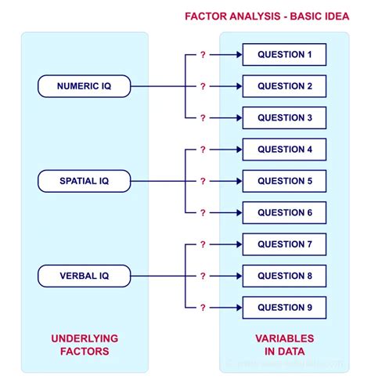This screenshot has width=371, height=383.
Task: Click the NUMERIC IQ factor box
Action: click(84, 86)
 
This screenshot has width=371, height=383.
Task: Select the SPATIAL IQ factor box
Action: click(84, 181)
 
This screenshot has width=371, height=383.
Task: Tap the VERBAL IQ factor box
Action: click(84, 276)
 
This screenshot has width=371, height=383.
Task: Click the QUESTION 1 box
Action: click(284, 55)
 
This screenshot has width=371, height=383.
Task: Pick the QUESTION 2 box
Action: click(284, 86)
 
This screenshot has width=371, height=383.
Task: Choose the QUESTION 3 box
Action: click(284, 117)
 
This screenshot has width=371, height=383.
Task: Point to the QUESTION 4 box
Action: click(284, 149)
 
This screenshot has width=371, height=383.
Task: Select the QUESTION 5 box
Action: click(284, 181)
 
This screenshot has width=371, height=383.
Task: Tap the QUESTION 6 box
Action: click(284, 212)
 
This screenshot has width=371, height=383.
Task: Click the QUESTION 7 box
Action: click(284, 244)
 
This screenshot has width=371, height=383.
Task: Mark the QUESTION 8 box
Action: click(284, 276)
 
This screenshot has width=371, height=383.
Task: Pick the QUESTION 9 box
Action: click(284, 307)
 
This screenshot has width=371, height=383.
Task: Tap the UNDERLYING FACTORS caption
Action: click(84, 345)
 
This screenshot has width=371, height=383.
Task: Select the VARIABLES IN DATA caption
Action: click(284, 345)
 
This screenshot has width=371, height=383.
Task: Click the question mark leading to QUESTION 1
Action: click(203, 55)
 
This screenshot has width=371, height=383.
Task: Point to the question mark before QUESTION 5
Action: click(203, 181)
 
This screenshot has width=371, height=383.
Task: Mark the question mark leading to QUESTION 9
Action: click(203, 307)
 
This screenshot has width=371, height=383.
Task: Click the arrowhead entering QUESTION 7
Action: click(238, 244)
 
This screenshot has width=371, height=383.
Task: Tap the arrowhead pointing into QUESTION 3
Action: click(238, 117)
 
